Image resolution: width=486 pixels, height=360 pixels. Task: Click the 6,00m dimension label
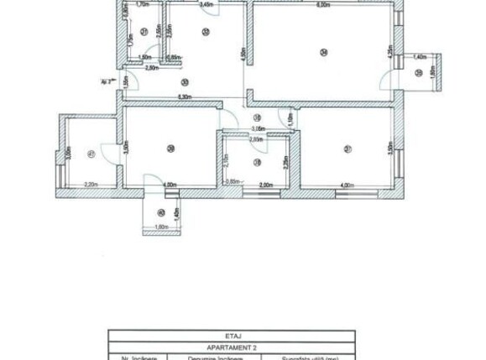(x=322, y=6)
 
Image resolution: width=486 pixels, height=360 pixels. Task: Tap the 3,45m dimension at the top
(x=206, y=6)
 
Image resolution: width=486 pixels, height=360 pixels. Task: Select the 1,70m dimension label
(x=143, y=5)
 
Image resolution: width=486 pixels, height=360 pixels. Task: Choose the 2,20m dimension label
(x=92, y=185)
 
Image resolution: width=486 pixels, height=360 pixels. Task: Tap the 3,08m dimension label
(x=259, y=128)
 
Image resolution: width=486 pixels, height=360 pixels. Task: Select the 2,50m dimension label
(x=151, y=67)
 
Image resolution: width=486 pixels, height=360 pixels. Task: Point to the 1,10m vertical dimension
(x=290, y=120)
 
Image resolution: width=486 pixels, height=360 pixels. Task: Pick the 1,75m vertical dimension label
(x=130, y=39)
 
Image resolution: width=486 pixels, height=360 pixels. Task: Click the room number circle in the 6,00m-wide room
(x=321, y=54)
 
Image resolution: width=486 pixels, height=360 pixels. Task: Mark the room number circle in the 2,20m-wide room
(x=89, y=154)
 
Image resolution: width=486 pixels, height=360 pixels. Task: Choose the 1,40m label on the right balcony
(x=418, y=56)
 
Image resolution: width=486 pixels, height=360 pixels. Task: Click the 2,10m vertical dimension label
(x=227, y=159)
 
